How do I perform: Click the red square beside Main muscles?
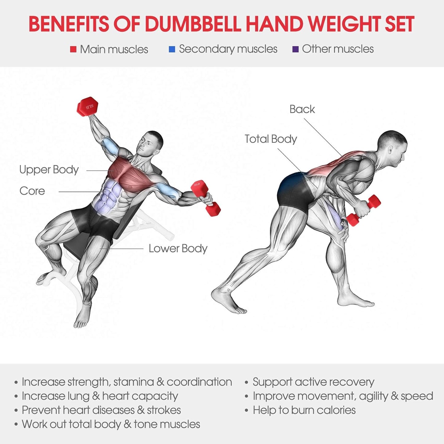tap(73, 49)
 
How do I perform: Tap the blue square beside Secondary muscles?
tap(172, 49)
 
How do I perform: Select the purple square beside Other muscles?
tap(295, 49)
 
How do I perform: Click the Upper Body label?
tap(49, 170)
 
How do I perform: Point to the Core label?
tap(32, 191)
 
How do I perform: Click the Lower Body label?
tap(178, 248)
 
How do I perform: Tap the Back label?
tap(302, 109)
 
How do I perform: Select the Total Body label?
tap(271, 139)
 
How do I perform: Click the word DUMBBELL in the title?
tap(193, 24)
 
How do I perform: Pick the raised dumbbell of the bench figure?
tap(88, 107)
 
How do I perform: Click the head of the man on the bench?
tap(150, 143)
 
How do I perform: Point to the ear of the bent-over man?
tap(391, 150)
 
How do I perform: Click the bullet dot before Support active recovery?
tap(246, 383)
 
